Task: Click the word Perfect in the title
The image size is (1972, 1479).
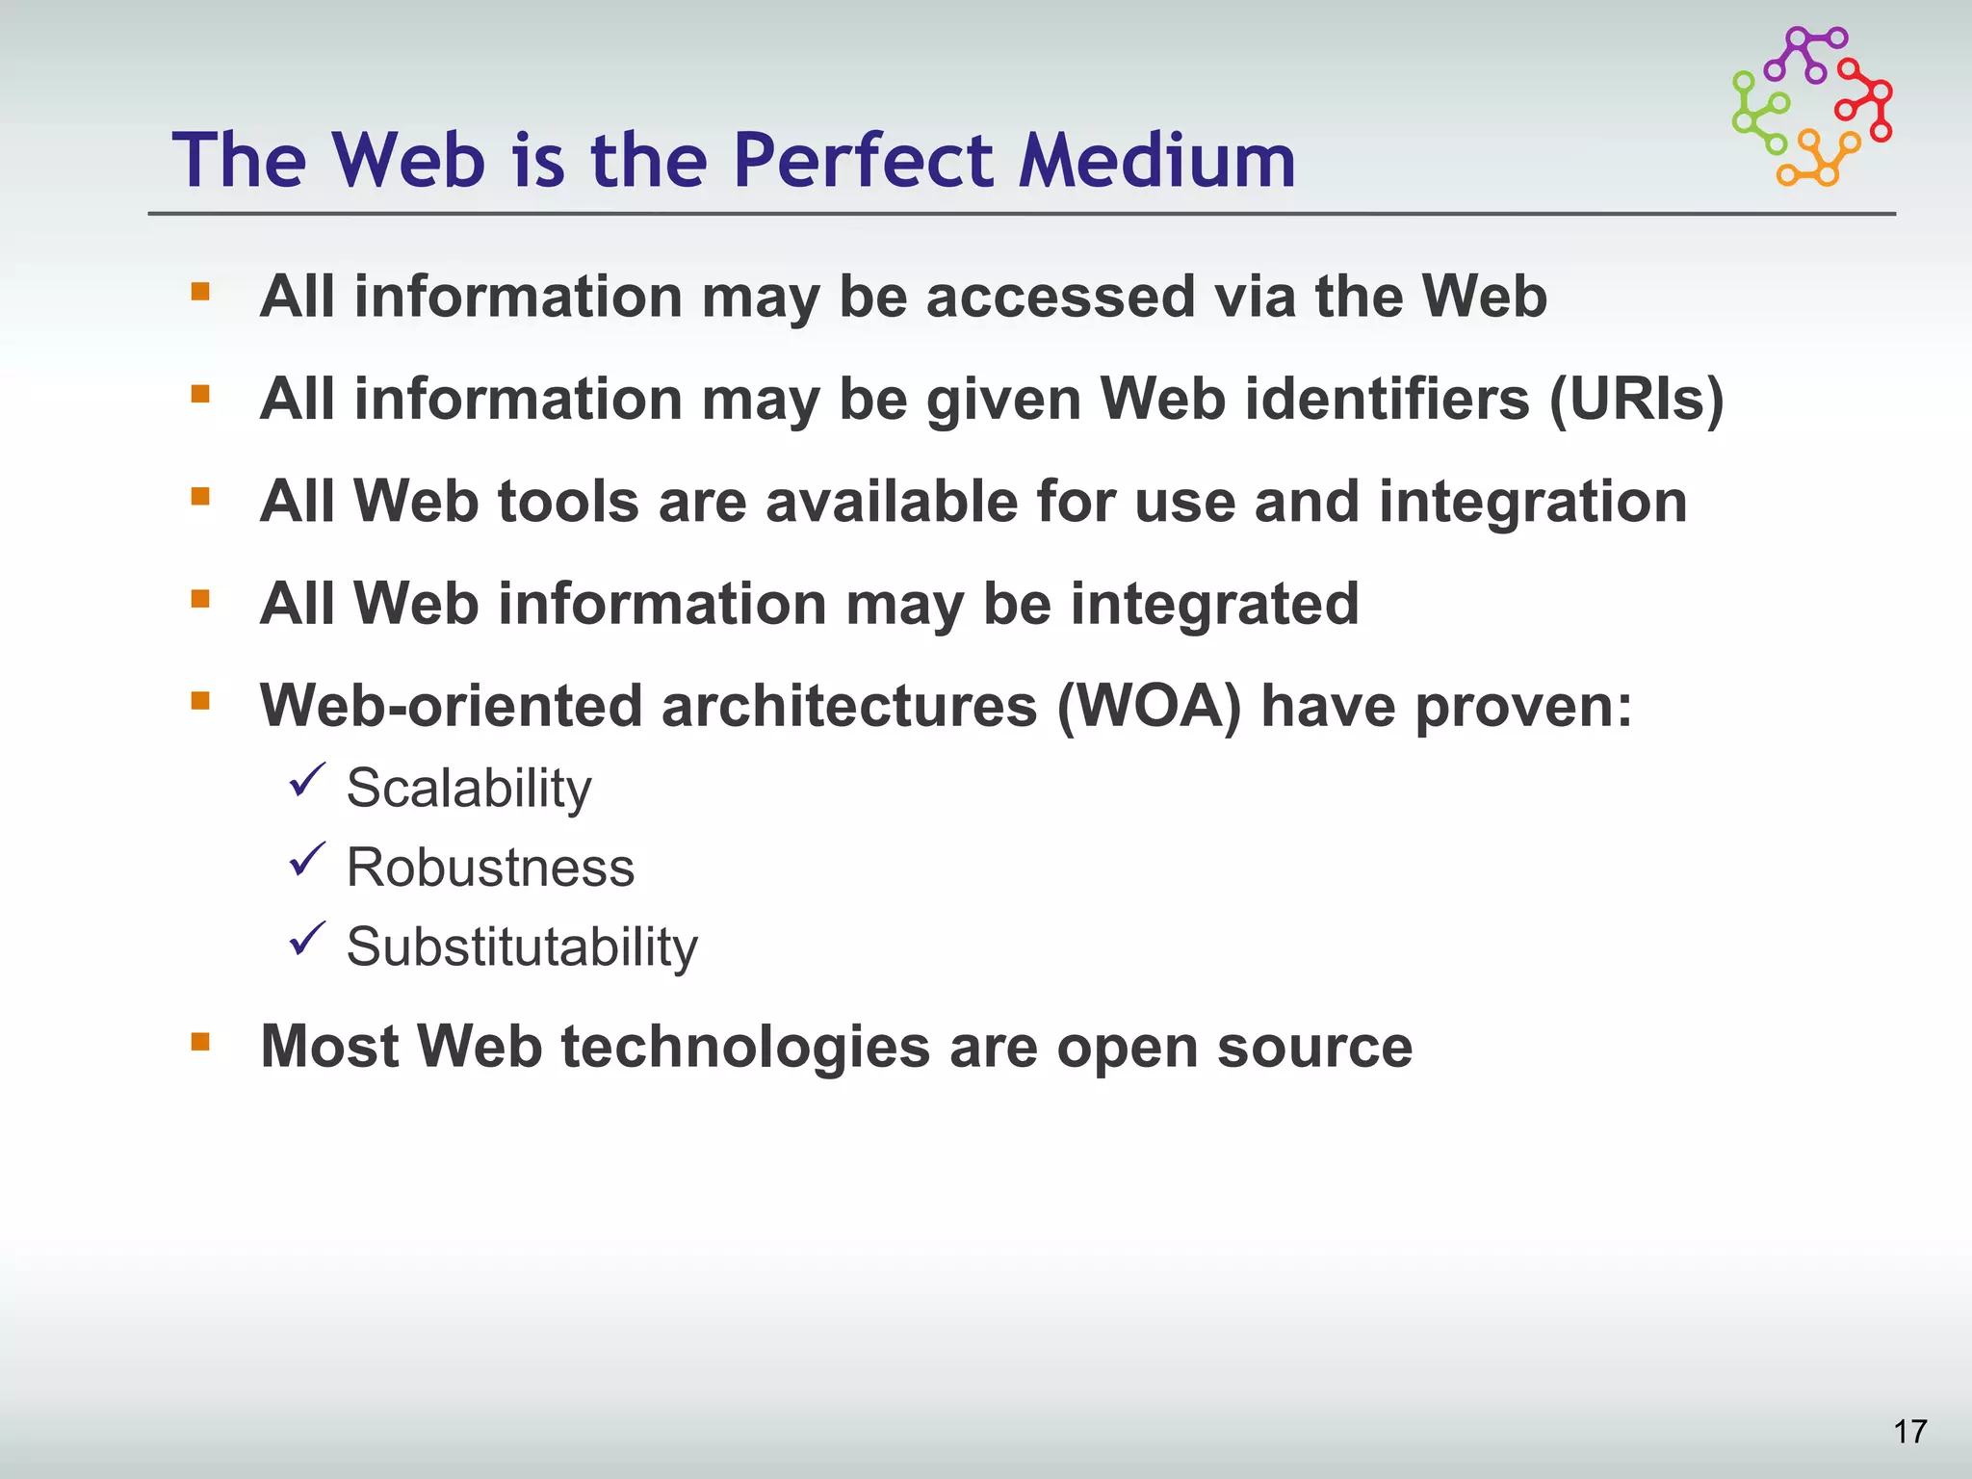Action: pos(862,160)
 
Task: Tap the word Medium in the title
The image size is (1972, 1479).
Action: pos(1157,160)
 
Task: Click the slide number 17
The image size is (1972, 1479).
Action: pos(1909,1432)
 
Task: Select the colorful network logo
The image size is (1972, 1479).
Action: pos(1812,106)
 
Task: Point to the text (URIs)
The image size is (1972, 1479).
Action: pos(1636,399)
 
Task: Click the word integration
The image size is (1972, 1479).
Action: pos(1533,502)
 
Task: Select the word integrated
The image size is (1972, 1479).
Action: pos(1214,604)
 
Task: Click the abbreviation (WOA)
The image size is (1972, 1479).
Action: pos(1149,706)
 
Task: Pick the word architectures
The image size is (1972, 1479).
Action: pos(849,706)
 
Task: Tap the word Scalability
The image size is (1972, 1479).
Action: pos(469,789)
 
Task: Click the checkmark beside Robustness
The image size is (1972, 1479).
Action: pos(307,860)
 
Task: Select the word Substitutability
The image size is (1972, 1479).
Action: pos(522,947)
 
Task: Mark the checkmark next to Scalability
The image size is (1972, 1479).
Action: pos(307,780)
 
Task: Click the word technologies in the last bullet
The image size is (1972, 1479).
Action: pos(745,1047)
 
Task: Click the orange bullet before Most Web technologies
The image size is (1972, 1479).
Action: pos(200,1041)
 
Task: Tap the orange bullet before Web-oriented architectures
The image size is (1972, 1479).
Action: pos(200,700)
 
